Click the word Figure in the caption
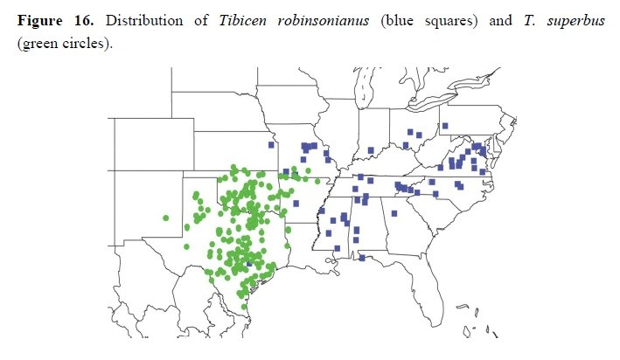41,21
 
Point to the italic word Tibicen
238,21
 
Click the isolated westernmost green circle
165,218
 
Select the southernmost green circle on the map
244,306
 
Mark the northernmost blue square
444,126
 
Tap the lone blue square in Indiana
371,150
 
